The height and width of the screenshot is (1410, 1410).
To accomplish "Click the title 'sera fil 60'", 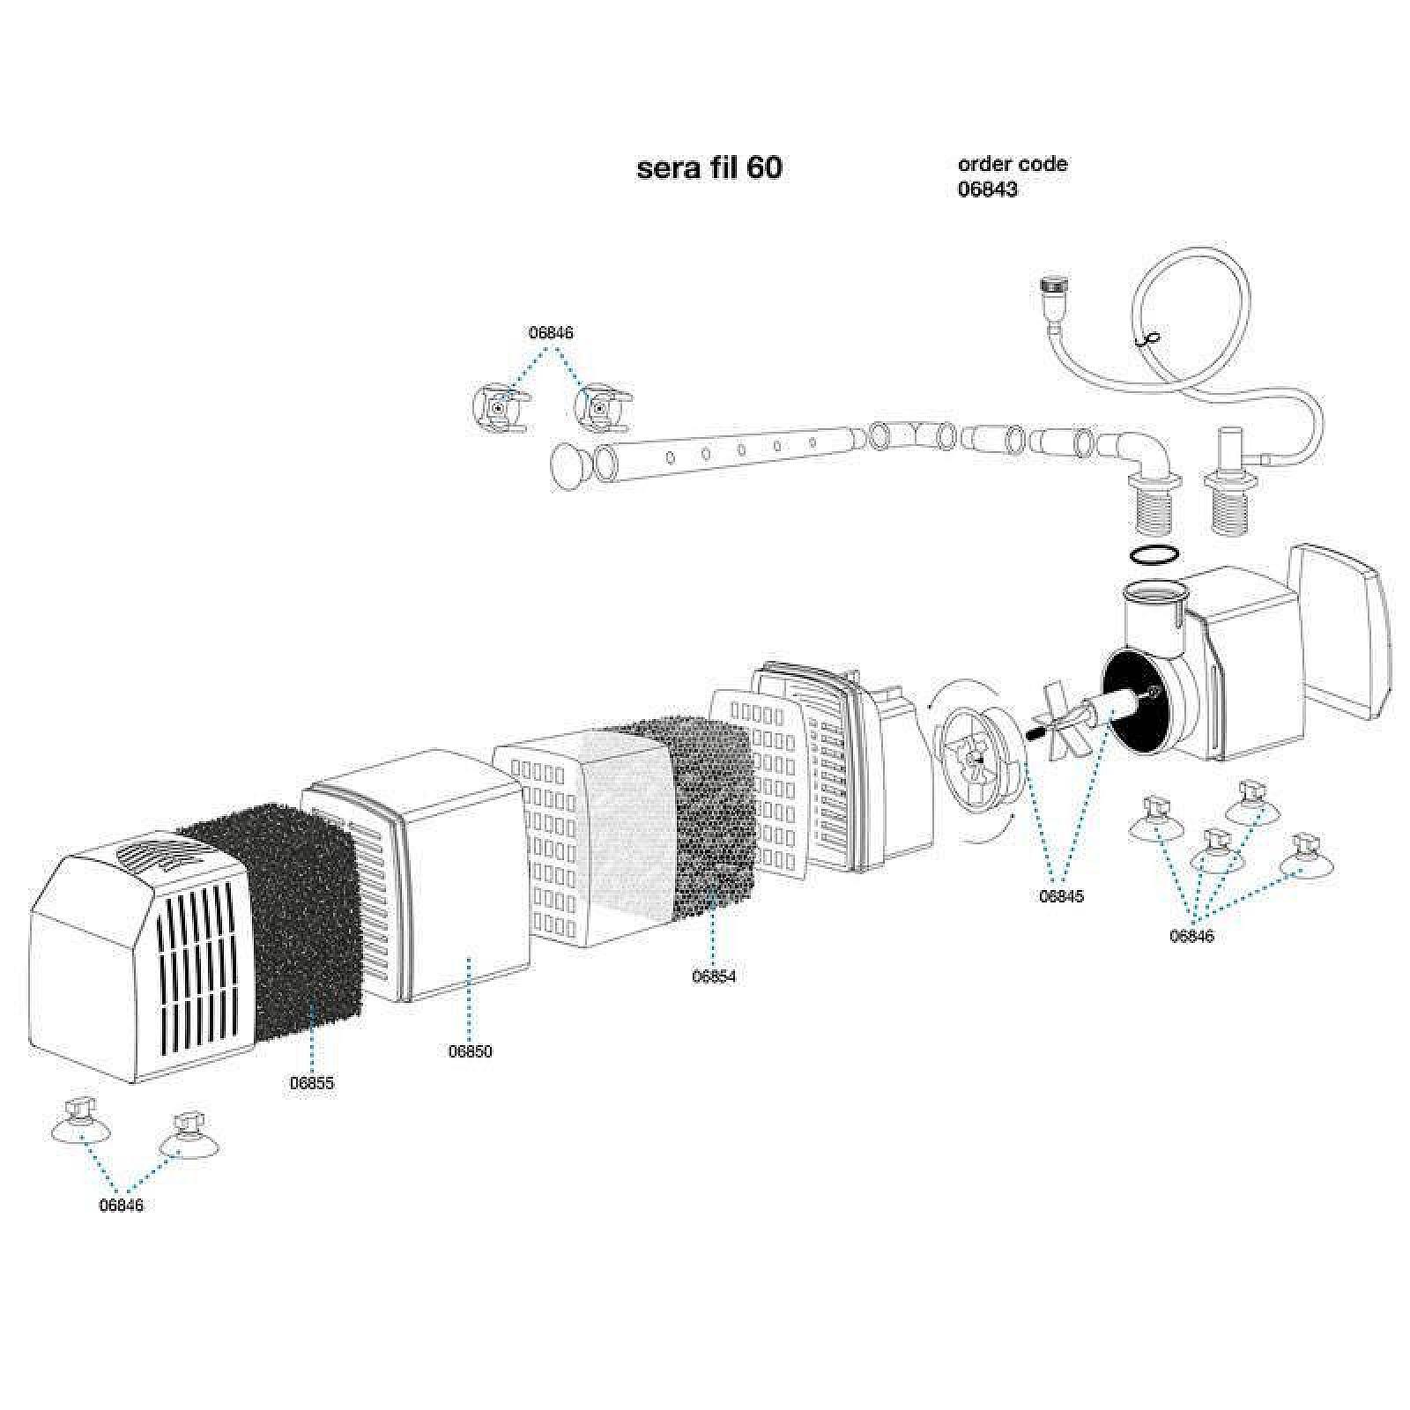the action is click(x=709, y=167).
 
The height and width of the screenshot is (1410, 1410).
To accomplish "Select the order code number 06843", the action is click(x=987, y=189).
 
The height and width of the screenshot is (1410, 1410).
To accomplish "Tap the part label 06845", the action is click(x=1061, y=896).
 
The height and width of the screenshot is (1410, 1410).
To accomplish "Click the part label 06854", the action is click(x=714, y=976).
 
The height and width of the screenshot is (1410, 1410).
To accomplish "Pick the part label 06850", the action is click(x=471, y=1051).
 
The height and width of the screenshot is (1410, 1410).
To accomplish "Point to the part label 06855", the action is click(x=312, y=1083).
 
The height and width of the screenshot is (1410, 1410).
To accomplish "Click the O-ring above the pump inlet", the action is click(x=1154, y=555).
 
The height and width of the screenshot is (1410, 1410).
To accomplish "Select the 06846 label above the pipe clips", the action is click(x=551, y=333).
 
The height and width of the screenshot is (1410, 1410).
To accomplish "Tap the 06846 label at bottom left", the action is click(x=122, y=1206).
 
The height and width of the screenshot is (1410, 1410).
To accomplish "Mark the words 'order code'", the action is click(x=1013, y=164).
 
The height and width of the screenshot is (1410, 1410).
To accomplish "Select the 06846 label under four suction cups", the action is click(x=1191, y=936).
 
